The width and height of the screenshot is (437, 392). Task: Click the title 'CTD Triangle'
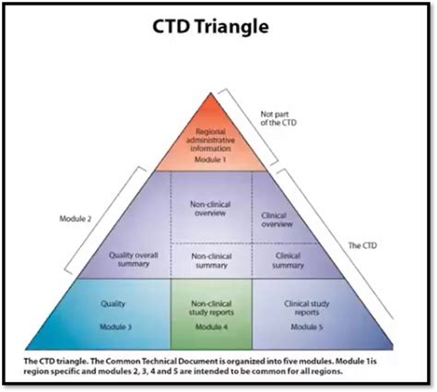tap(218, 26)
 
